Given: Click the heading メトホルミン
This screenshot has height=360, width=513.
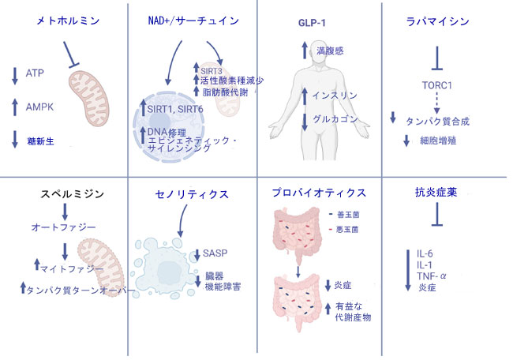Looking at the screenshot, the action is click(x=68, y=21).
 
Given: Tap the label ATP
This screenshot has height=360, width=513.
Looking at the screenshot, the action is click(x=35, y=73).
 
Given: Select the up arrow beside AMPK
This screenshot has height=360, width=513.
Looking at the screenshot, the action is click(x=15, y=107).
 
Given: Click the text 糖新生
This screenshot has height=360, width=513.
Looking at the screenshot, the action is click(x=40, y=141).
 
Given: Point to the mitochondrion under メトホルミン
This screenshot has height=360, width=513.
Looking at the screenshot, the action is click(x=88, y=99).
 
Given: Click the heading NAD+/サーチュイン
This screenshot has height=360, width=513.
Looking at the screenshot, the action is click(x=193, y=21).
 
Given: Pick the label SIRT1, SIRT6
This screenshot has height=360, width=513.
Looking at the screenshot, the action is click(x=175, y=109).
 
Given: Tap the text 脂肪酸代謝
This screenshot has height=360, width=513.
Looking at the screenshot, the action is click(x=225, y=92).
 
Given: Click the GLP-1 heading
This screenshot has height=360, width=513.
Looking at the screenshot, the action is click(x=312, y=23).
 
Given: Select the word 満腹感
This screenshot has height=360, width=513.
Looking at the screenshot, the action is click(x=330, y=51).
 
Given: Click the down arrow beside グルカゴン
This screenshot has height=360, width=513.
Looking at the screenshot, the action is click(x=305, y=122).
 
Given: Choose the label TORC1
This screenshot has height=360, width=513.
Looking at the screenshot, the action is click(x=436, y=85).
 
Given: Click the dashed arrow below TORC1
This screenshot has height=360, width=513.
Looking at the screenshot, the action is click(x=436, y=103).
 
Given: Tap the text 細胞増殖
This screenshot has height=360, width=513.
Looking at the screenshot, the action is click(x=438, y=141).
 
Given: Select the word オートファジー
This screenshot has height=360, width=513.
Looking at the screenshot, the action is click(x=63, y=227).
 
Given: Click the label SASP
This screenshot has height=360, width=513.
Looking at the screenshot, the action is click(x=215, y=253).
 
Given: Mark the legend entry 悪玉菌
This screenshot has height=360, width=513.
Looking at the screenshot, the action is click(x=347, y=230).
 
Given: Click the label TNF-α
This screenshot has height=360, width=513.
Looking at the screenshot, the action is click(x=432, y=276).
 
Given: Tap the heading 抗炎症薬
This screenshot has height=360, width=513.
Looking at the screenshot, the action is click(x=436, y=192).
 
